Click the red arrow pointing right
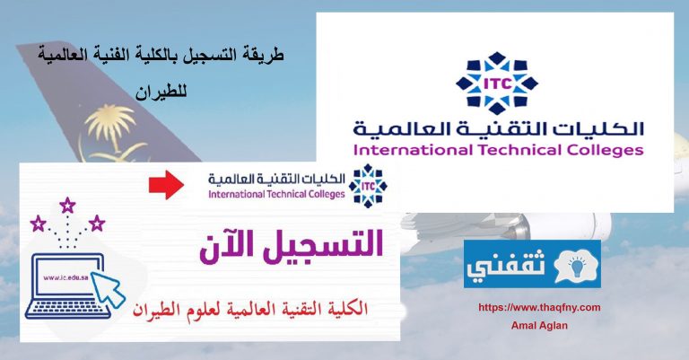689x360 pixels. (x=166, y=185)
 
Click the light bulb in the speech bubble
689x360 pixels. (x=576, y=266)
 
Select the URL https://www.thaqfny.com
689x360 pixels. (x=539, y=307)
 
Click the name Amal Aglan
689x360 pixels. (x=539, y=326)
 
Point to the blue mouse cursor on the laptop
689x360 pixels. (x=108, y=288)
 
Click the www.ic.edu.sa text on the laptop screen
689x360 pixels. (x=65, y=277)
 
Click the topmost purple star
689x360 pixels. (x=67, y=205)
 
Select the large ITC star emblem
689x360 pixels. (x=496, y=83)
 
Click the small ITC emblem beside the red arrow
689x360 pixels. (x=368, y=186)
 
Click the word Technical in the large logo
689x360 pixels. (x=519, y=150)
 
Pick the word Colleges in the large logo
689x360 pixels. (x=605, y=151)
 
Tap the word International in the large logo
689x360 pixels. (x=413, y=150)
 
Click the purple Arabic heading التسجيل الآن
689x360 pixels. (x=292, y=244)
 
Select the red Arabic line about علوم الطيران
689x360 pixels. (x=250, y=308)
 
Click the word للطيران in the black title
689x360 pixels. (x=161, y=92)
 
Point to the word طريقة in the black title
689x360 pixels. (x=264, y=56)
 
